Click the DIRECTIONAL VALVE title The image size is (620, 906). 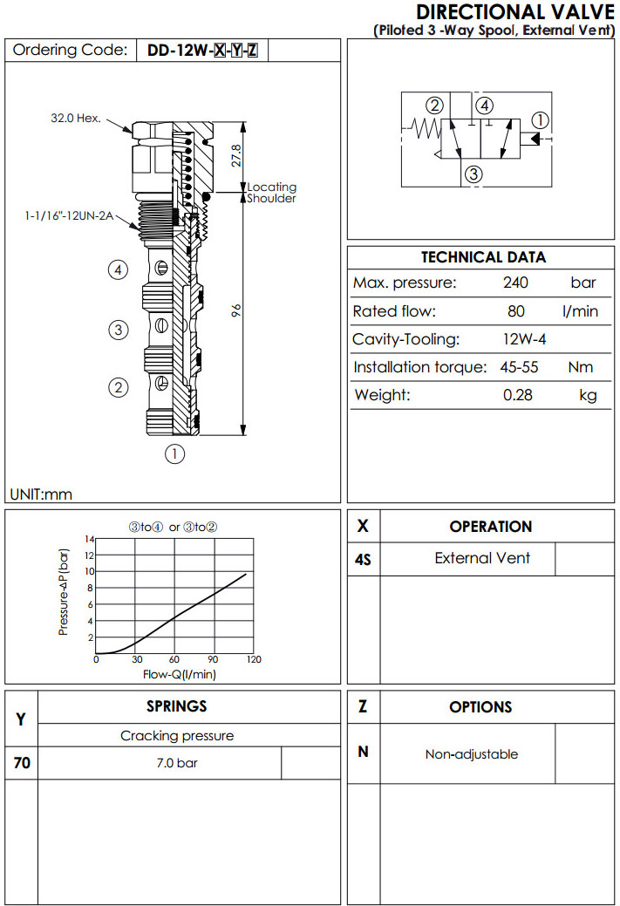pyautogui.click(x=516, y=12)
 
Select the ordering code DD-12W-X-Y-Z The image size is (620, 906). pyautogui.click(x=201, y=51)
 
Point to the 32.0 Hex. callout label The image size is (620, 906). pyautogui.click(x=76, y=118)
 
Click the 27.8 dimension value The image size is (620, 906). pyautogui.click(x=236, y=154)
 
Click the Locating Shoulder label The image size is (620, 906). pyautogui.click(x=271, y=193)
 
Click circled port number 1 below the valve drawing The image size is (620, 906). pyautogui.click(x=175, y=453)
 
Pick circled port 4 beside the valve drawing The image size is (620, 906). pyautogui.click(x=119, y=269)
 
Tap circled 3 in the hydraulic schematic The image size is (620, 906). pyautogui.click(x=474, y=174)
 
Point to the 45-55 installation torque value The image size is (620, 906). pyautogui.click(x=519, y=367)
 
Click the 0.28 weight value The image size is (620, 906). pyautogui.click(x=518, y=395)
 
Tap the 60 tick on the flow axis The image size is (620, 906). pyautogui.click(x=174, y=660)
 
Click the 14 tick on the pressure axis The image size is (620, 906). pyautogui.click(x=88, y=539)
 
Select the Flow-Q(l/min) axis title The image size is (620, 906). pyautogui.click(x=179, y=674)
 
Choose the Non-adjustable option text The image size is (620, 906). pyautogui.click(x=471, y=754)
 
